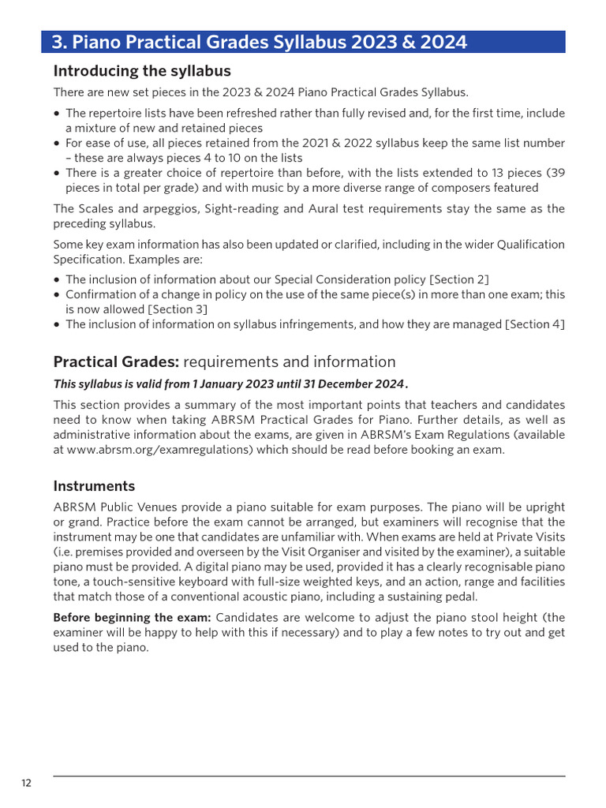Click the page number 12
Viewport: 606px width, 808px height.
click(x=27, y=783)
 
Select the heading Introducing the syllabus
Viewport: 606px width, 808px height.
click(x=142, y=70)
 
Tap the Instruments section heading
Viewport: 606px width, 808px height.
click(x=94, y=485)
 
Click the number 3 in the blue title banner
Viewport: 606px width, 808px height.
click(x=58, y=42)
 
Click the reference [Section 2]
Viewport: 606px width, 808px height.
click(x=459, y=279)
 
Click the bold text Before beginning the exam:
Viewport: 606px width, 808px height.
click(x=132, y=617)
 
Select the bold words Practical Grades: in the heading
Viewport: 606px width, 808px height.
click(x=116, y=362)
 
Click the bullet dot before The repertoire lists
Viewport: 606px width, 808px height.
click(x=57, y=114)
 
